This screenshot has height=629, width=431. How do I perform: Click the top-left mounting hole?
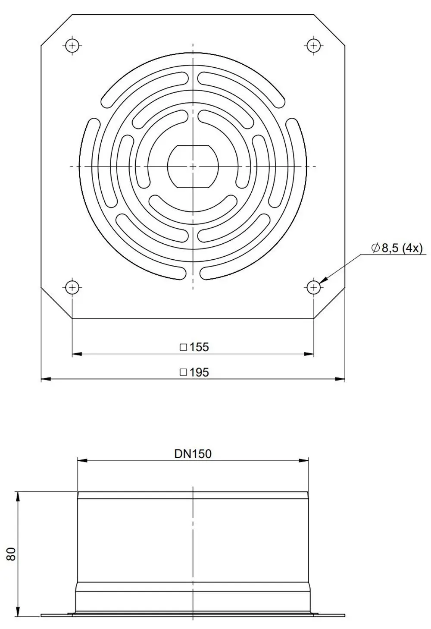pos(72,45)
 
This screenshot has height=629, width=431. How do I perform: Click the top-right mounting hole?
pos(313,45)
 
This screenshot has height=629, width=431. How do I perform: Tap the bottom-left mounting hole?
pos(72,287)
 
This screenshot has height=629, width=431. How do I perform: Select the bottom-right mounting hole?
pos(313,287)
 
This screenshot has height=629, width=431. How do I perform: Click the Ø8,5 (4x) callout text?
pos(397,248)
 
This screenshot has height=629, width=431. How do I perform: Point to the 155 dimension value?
pos(199,347)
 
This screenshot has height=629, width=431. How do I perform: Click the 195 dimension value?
pos(199,373)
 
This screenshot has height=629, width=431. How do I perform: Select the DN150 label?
pos(193,454)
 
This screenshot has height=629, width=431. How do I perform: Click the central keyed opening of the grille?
pos(193,167)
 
